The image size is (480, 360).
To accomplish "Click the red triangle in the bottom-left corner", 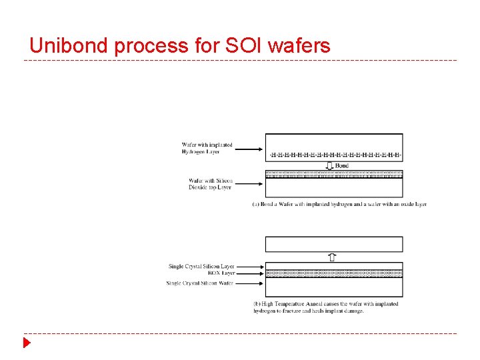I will (x=27, y=343).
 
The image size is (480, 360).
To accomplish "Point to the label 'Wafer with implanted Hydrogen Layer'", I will (x=207, y=148).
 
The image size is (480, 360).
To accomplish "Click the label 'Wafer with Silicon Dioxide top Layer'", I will (x=209, y=183).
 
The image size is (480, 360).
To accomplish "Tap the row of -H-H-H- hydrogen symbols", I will (x=334, y=155).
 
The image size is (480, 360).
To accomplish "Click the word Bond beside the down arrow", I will (x=341, y=165).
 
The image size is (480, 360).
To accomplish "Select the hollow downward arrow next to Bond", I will (x=329, y=165).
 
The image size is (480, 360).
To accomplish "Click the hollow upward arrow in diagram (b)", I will (x=333, y=256).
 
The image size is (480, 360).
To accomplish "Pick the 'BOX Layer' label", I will (x=221, y=273).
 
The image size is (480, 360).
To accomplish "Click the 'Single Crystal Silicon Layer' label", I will (x=201, y=266).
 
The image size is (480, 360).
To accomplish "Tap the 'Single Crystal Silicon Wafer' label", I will (x=200, y=283).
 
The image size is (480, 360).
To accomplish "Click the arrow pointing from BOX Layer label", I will (x=250, y=273).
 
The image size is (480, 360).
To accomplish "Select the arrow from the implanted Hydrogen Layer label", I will (x=249, y=149).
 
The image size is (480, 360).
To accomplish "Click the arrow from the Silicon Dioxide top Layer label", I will (x=249, y=183).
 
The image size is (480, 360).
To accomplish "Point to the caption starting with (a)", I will (x=339, y=204).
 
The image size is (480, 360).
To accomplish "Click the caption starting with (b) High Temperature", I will (x=325, y=307).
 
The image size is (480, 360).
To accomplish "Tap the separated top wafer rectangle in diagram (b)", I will (x=334, y=243).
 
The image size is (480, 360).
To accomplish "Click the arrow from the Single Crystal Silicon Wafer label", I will (x=250, y=283).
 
